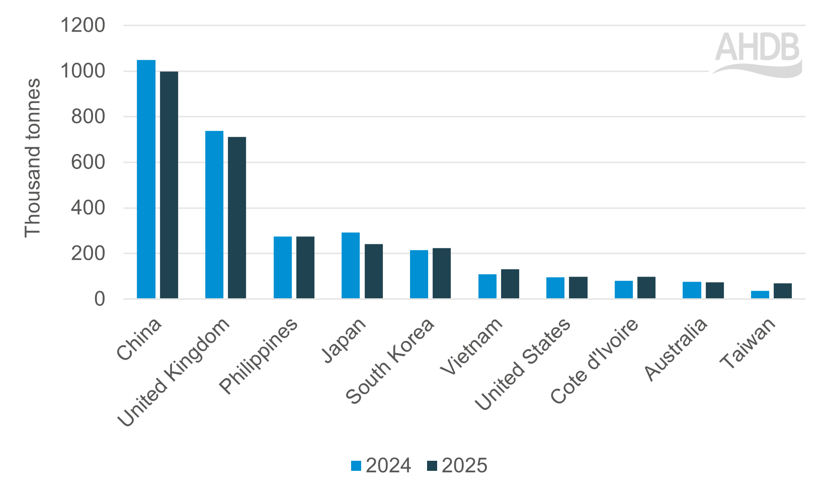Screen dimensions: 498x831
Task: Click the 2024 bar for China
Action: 146,179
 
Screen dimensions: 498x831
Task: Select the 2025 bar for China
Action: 169,185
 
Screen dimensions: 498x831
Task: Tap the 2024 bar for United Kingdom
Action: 214,215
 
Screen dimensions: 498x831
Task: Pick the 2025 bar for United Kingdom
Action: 237,218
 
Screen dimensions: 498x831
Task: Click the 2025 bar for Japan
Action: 374,271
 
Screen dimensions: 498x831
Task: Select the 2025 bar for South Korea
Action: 442,273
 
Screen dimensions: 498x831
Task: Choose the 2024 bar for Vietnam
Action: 487,286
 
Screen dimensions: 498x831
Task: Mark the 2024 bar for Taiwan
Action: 760,295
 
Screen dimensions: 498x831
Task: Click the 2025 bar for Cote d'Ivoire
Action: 646,288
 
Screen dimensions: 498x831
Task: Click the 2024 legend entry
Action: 381,466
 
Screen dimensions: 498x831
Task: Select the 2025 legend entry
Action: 457,466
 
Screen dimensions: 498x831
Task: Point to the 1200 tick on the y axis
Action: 83,25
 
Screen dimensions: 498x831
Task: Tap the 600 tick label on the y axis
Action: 88,162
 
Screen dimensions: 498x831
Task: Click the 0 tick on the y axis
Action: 100,299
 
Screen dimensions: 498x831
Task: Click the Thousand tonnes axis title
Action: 33,157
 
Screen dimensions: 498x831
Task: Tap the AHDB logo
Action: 758,54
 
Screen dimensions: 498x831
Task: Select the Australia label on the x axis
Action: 677,349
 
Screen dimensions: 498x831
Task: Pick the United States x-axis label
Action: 523,364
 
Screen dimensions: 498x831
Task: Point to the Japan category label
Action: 345,341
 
